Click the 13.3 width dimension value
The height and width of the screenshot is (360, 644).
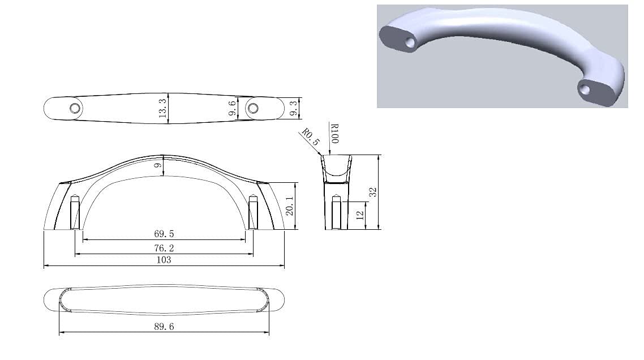pos(162,108)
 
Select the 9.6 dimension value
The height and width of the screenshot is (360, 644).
pos(233,108)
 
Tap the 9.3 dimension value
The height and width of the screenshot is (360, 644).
pos(294,109)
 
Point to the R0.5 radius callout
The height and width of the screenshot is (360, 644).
pos(311,137)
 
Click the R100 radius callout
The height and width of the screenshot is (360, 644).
pos(334,134)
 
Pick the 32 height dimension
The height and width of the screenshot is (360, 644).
pos(372,192)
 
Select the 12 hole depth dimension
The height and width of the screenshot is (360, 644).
pos(360,215)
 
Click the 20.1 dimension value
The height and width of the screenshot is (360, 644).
pos(290,206)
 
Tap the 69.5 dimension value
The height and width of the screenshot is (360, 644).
pos(164,234)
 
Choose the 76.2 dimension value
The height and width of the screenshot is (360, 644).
pos(164,248)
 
